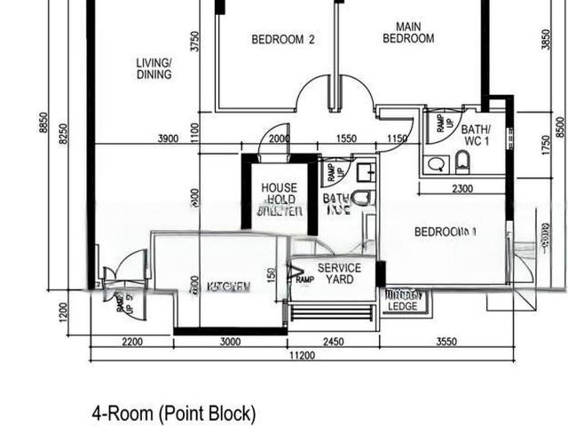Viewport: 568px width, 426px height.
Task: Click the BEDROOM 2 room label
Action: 283,39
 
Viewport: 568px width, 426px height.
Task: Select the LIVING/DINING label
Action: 154,68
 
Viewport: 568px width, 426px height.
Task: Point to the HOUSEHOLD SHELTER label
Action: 280,200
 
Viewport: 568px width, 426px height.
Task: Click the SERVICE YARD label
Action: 339,273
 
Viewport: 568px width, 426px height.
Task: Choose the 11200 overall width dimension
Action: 302,356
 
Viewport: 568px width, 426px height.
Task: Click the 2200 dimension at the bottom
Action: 131,342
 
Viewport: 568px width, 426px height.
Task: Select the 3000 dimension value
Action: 231,342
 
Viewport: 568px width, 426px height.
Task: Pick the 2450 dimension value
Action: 333,342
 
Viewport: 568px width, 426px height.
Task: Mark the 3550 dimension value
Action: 447,342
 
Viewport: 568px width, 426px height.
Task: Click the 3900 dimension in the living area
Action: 168,138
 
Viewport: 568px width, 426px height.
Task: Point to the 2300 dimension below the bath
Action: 461,188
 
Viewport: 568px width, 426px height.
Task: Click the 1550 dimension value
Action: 347,138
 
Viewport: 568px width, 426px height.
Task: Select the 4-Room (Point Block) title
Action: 174,413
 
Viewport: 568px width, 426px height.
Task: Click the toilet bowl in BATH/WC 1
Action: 461,163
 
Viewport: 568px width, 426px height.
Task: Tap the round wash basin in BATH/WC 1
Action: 435,164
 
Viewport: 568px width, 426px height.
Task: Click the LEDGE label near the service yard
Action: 402,306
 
